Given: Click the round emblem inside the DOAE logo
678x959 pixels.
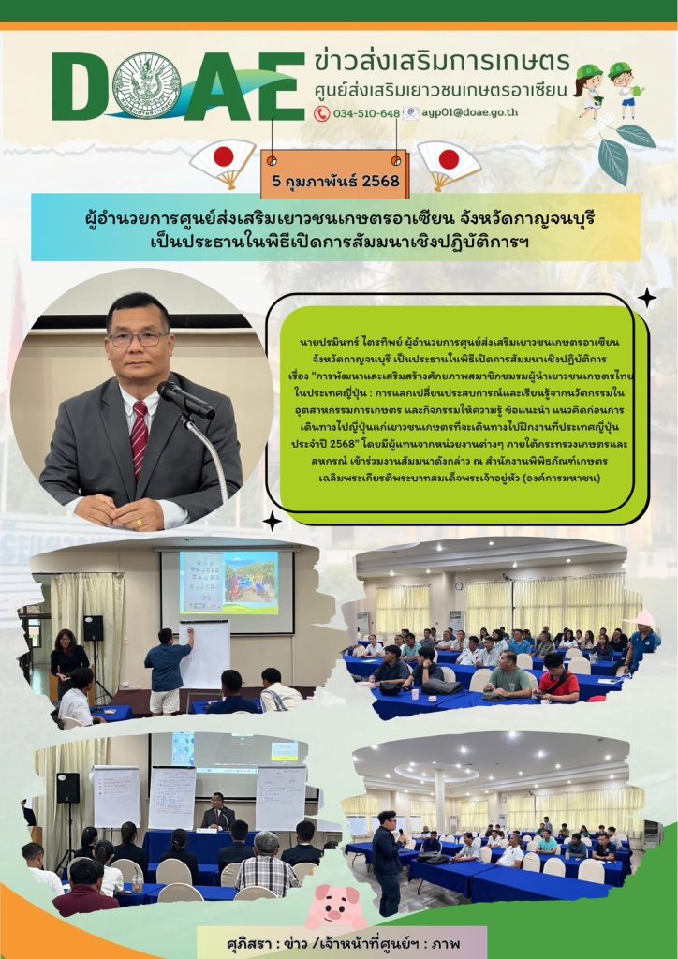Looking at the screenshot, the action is pyautogui.click(x=147, y=85).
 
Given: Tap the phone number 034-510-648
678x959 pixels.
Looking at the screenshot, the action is pyautogui.click(x=366, y=113).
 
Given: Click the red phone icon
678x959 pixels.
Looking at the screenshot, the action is pyautogui.click(x=321, y=113).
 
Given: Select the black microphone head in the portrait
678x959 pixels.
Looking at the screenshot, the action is pyautogui.click(x=185, y=399).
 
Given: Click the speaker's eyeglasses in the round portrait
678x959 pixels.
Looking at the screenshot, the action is pyautogui.click(x=138, y=338).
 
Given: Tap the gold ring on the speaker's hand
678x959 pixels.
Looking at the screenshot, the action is pyautogui.click(x=140, y=523).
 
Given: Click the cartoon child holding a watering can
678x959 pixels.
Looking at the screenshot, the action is pyautogui.click(x=625, y=89).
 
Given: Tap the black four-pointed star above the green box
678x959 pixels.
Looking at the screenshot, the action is pyautogui.click(x=646, y=298).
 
